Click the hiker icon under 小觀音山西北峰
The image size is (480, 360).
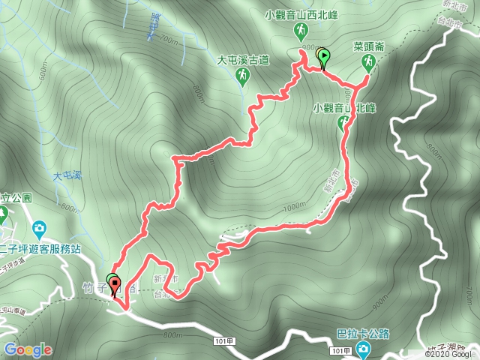300,30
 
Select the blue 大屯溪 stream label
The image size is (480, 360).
66,176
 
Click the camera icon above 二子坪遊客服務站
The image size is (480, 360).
39,227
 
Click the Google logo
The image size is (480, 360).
27,349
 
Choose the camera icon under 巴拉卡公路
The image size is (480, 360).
363,349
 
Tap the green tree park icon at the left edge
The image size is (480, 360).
4,215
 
